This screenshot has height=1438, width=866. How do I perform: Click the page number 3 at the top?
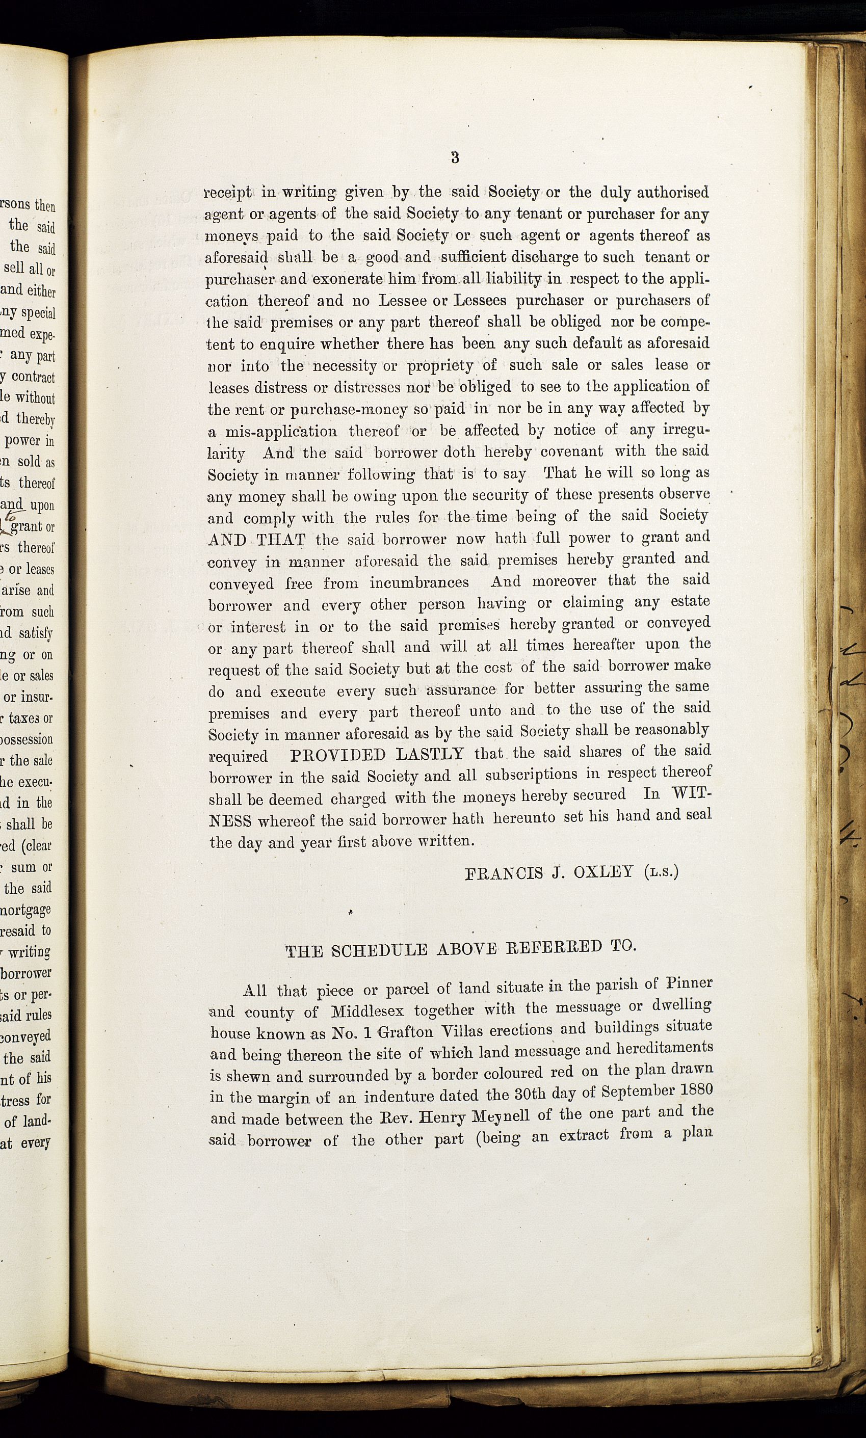(x=455, y=157)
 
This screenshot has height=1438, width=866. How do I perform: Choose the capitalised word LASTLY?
(x=430, y=754)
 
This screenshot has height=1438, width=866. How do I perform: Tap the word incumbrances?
(x=419, y=583)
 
